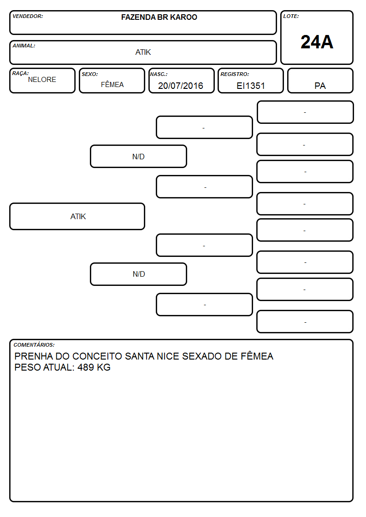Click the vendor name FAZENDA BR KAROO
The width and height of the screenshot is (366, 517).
point(159,17)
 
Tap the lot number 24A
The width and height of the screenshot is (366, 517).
point(317,42)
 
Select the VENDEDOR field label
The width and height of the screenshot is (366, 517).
point(28,16)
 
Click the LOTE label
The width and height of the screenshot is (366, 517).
point(291,16)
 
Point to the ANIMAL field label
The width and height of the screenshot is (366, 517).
point(24,46)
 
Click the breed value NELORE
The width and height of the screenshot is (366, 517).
point(42,80)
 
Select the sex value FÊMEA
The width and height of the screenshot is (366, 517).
point(112,85)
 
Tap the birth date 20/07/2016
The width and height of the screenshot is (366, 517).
point(181,86)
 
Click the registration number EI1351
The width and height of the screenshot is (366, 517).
point(251,86)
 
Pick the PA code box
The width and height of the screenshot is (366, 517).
point(320,81)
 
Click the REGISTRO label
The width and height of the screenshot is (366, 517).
point(235,74)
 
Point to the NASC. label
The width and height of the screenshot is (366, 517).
point(159,74)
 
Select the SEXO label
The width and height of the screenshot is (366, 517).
point(90,74)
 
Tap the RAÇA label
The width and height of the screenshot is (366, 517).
point(20,73)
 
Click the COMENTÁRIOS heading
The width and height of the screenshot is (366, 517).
point(34,345)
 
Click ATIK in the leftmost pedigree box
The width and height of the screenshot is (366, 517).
point(78,217)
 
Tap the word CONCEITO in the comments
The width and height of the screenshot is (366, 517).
point(97,356)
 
